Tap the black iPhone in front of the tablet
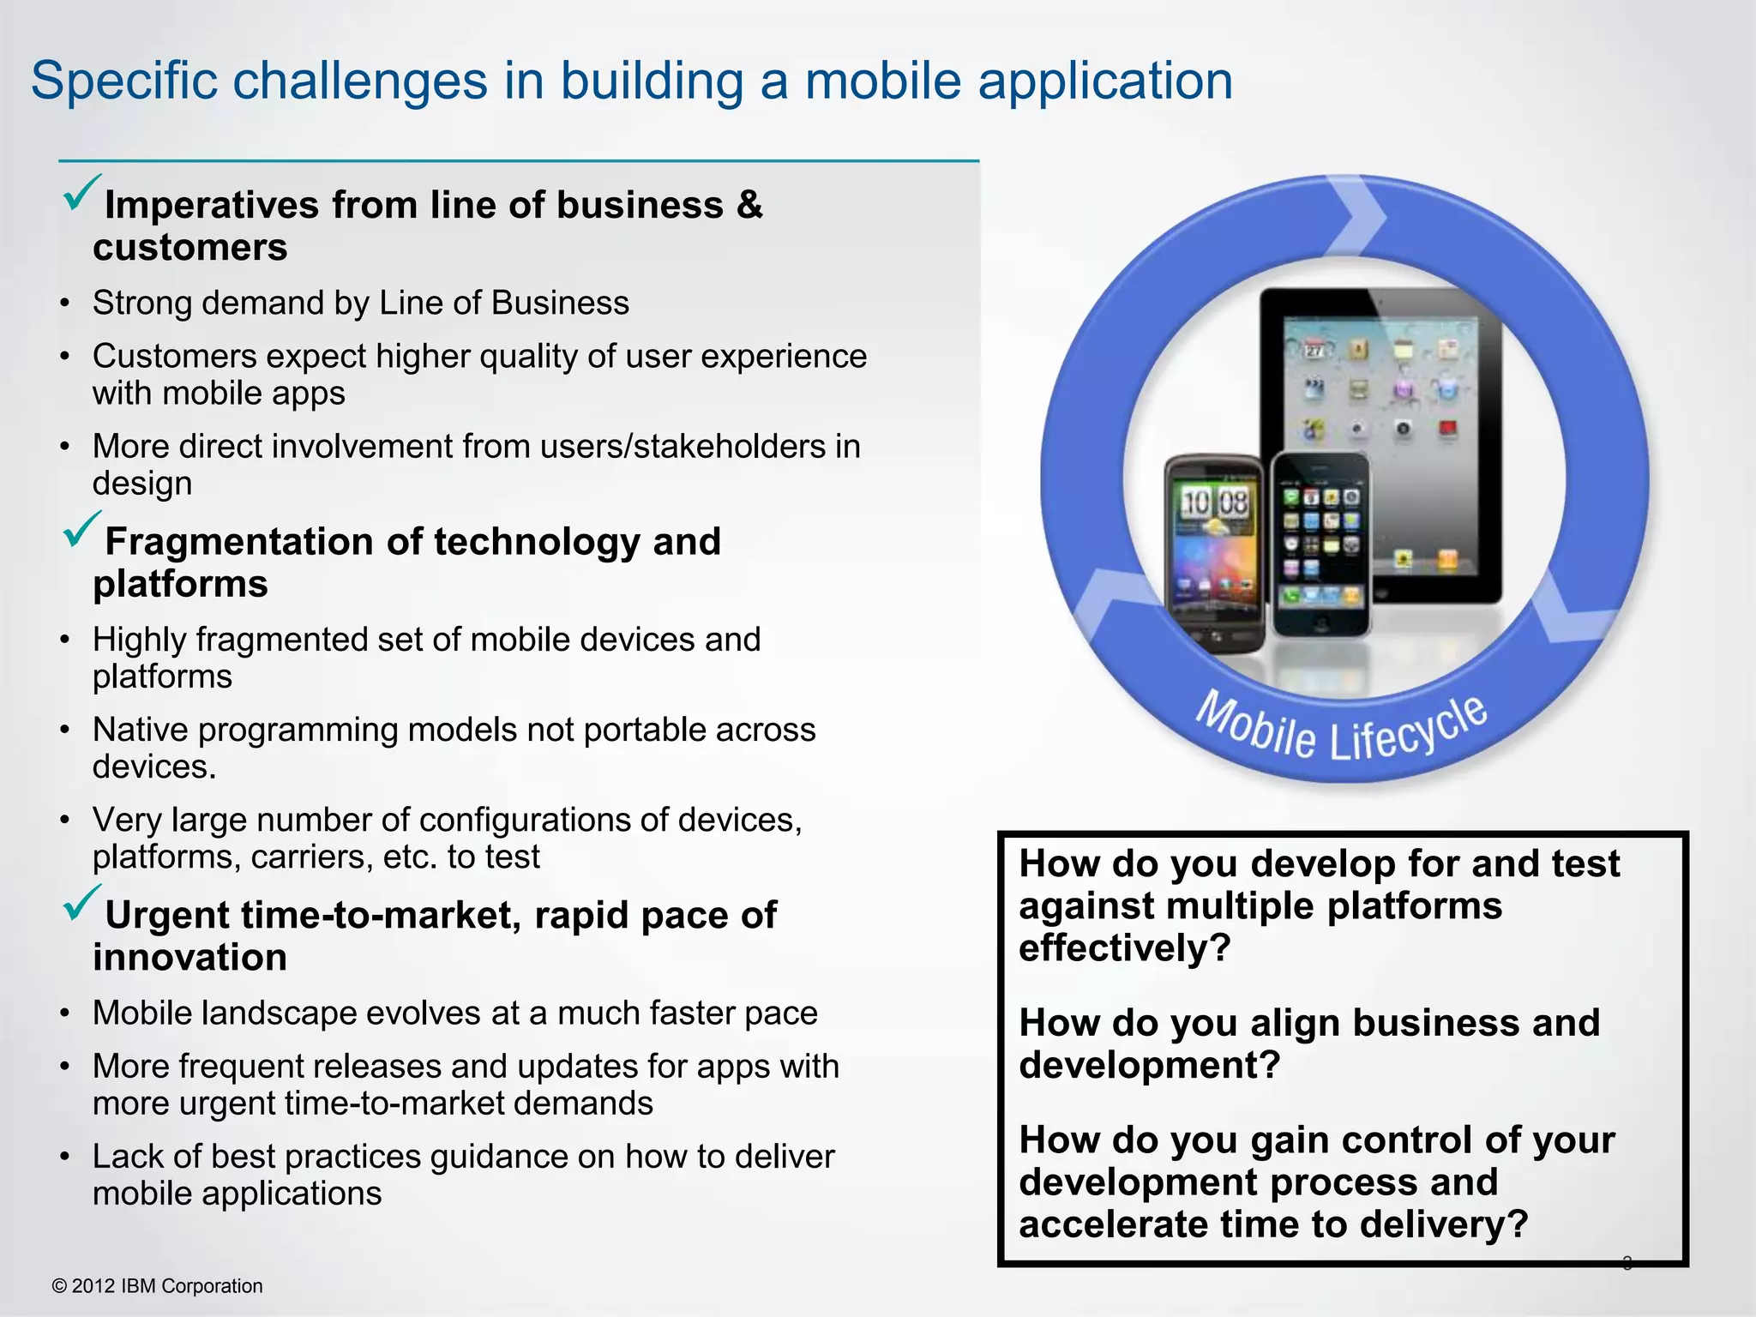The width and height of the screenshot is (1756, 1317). tap(1320, 545)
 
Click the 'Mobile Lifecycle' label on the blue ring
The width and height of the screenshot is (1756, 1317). tap(1342, 727)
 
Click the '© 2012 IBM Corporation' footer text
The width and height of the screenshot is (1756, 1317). tap(158, 1286)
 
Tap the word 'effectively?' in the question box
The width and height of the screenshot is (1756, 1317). tap(1124, 948)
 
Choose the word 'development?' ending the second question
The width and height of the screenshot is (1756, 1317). tap(1149, 1066)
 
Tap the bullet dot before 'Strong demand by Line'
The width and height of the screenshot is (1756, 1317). tap(65, 304)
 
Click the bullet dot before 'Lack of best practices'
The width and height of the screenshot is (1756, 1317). tap(65, 1158)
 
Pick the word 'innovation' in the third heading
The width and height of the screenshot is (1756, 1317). tap(189, 958)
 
